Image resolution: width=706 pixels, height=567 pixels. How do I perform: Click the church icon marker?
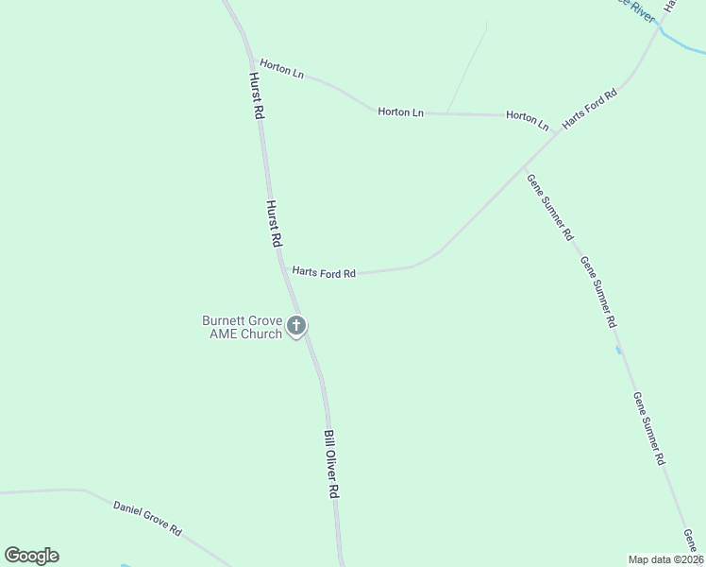(x=296, y=327)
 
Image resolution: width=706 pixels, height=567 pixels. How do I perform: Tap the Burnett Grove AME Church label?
(x=243, y=327)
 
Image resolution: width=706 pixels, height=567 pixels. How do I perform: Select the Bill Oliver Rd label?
(x=330, y=464)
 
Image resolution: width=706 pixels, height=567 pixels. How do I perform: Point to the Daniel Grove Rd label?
(x=147, y=519)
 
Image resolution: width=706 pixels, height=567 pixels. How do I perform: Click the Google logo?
(x=31, y=556)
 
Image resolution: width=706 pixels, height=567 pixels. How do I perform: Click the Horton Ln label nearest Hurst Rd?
(x=282, y=69)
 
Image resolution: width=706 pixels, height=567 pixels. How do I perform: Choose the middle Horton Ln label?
(x=400, y=112)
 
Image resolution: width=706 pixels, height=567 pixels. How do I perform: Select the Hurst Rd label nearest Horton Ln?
(x=255, y=95)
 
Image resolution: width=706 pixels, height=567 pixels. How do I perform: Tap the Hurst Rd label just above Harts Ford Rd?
(x=273, y=223)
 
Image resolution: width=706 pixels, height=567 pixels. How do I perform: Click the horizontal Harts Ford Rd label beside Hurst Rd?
(x=324, y=272)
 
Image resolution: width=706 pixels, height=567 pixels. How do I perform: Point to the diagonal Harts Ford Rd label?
(x=589, y=110)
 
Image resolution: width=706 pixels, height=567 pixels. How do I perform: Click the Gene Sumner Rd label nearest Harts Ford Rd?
(x=550, y=205)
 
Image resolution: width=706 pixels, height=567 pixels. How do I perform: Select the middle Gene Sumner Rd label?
(x=599, y=292)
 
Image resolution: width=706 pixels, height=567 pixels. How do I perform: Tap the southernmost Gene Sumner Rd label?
(x=650, y=428)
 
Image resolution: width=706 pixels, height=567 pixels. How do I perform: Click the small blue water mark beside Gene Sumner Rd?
(x=618, y=351)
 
